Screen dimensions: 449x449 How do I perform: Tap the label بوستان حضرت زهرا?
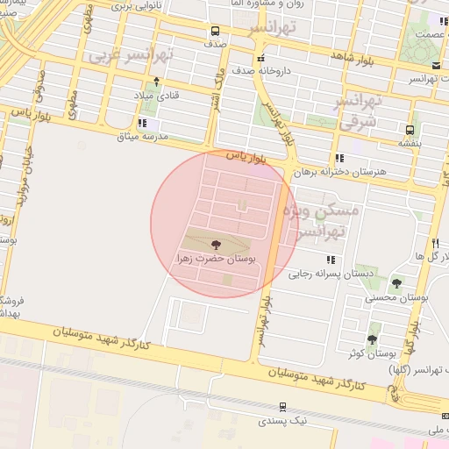click(x=216, y=260)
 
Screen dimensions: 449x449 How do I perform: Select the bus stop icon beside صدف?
click(x=214, y=29)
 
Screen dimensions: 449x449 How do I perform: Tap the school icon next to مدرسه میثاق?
click(x=142, y=124)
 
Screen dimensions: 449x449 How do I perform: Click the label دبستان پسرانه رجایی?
click(x=321, y=273)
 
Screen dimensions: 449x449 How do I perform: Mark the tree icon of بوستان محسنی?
click(x=396, y=284)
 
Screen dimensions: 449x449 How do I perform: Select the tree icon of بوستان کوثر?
click(x=372, y=339)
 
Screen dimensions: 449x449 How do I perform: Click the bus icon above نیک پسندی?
click(x=282, y=407)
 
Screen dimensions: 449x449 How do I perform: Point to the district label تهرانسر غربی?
click(x=132, y=55)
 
